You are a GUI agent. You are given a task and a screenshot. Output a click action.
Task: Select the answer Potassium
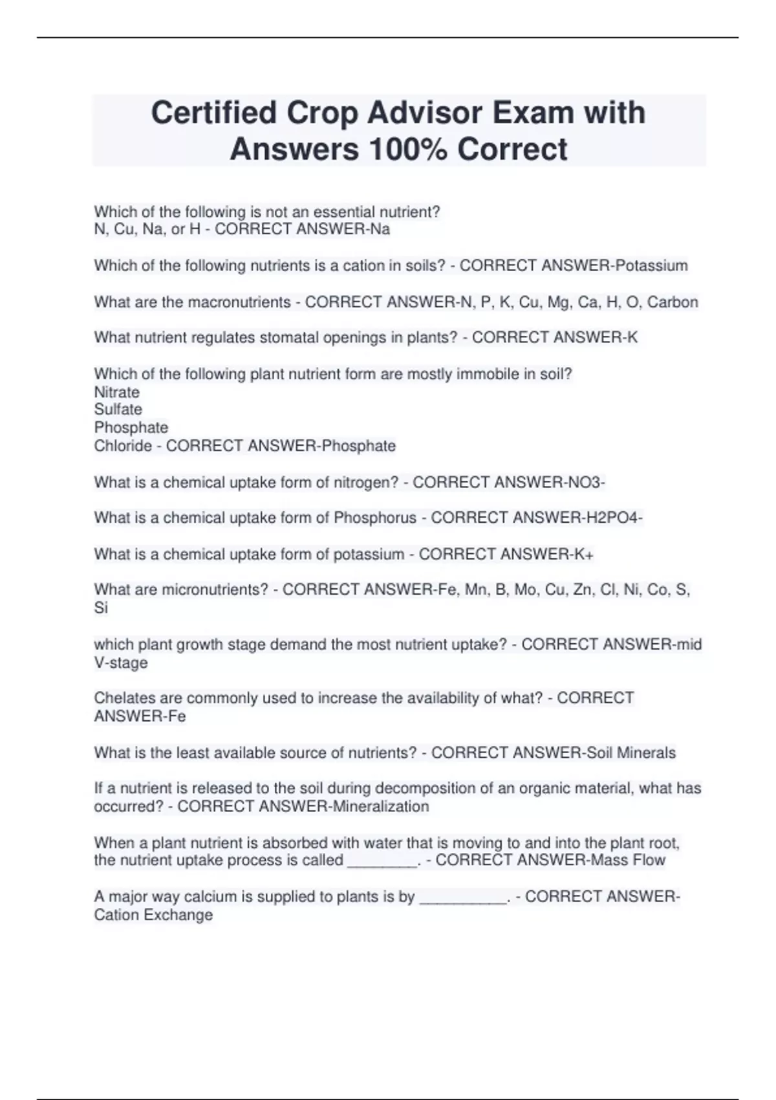[x=651, y=266]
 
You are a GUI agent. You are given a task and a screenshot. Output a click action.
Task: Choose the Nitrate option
[x=116, y=392]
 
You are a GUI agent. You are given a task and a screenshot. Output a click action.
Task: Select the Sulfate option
[x=118, y=409]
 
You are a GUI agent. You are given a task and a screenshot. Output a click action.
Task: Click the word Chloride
[x=123, y=446]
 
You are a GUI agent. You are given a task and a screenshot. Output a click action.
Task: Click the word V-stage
[x=120, y=663]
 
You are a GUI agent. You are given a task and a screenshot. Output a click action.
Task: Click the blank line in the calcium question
[x=463, y=899]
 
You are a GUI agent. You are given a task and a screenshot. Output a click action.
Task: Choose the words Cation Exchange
[x=153, y=915]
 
